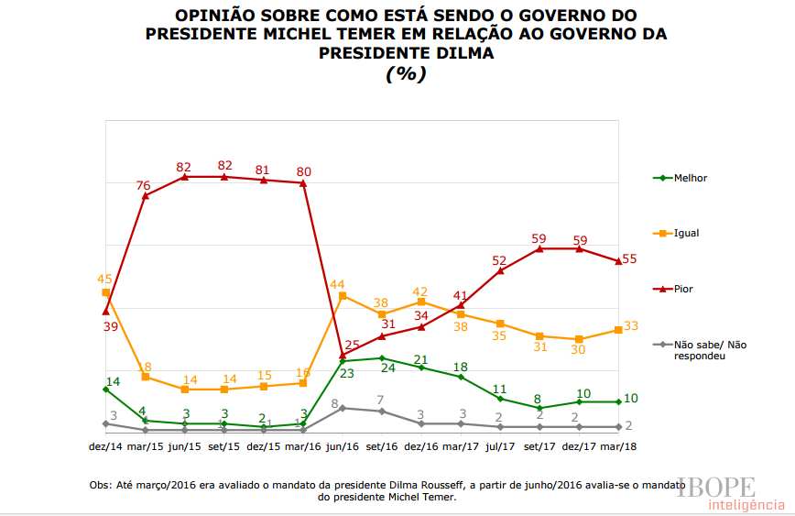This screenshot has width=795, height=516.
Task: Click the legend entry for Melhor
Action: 690,178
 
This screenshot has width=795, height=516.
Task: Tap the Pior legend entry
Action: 683,289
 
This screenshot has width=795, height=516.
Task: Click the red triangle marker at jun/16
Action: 343,355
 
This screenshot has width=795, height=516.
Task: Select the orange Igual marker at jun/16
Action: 343,296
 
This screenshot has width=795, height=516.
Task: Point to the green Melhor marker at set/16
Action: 382,358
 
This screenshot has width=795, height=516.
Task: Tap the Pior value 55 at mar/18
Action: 630,259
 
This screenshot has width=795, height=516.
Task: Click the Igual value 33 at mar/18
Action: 631,326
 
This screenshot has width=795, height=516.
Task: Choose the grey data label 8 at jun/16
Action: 335,403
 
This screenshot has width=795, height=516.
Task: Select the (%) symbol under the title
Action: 406,74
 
